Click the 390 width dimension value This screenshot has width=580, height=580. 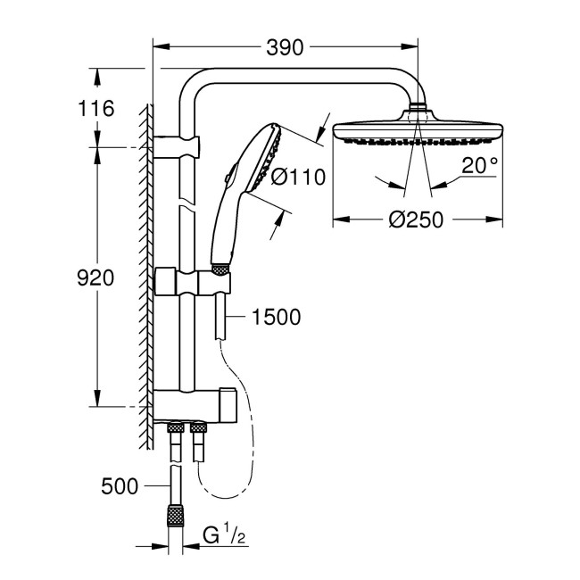coord(286,46)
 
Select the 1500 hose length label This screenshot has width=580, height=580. coord(276,317)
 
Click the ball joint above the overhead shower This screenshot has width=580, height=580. coord(417,112)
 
